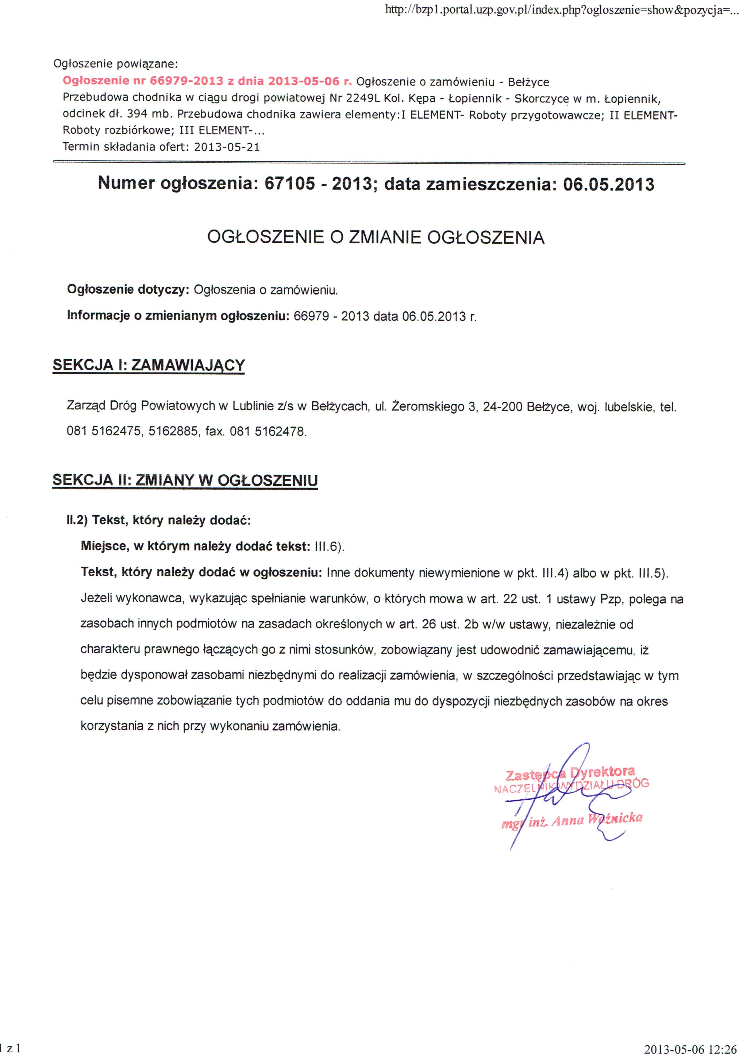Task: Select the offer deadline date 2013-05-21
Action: click(227, 147)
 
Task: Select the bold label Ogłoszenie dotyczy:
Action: click(128, 290)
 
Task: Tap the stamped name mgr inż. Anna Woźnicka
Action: click(572, 820)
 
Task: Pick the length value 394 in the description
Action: click(137, 114)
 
